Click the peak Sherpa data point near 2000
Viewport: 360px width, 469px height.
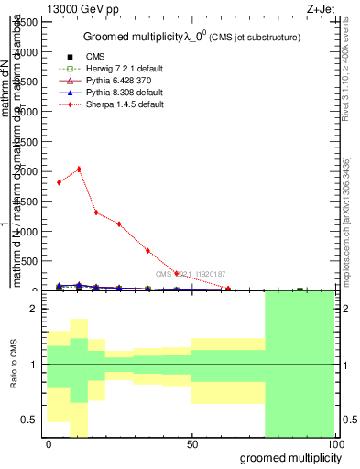click(x=79, y=169)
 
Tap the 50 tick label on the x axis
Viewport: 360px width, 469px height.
click(x=191, y=443)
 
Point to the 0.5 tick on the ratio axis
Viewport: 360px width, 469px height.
click(x=31, y=420)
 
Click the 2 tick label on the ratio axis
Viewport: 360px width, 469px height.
click(x=35, y=310)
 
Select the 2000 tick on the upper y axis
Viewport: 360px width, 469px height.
click(x=27, y=171)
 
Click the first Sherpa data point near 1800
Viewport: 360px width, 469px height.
click(x=59, y=182)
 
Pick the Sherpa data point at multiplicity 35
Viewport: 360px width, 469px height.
click(x=147, y=250)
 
